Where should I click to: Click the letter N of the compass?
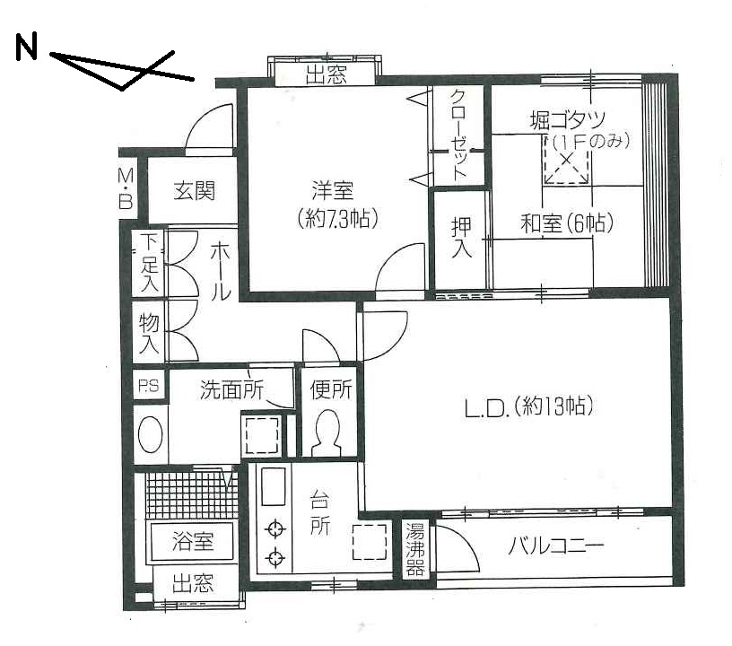click(26, 48)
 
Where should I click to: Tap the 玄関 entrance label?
click(194, 190)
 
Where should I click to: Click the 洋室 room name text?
click(333, 190)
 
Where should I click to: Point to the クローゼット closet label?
click(459, 135)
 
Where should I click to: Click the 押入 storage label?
click(461, 238)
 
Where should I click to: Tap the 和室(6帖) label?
click(566, 223)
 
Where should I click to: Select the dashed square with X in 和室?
click(566, 160)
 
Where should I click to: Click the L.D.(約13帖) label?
click(529, 406)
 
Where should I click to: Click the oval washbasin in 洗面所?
click(151, 434)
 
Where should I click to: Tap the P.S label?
click(148, 386)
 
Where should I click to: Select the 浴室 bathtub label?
click(193, 541)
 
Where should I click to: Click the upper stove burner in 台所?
click(275, 529)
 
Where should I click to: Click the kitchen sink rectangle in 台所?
click(273, 486)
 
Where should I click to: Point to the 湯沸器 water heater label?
click(414, 549)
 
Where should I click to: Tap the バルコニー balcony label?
click(556, 546)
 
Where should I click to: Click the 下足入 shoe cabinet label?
click(150, 263)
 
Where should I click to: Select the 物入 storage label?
click(150, 332)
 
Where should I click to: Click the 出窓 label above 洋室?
click(327, 74)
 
